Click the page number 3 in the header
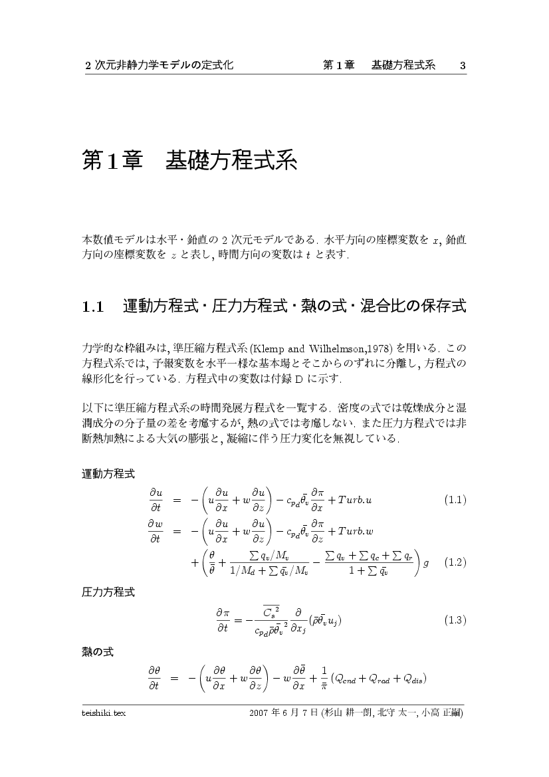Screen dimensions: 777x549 (463, 65)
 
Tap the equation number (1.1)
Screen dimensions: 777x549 (455, 500)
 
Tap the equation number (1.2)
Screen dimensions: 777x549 (455, 562)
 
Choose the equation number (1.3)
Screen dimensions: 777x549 (455, 620)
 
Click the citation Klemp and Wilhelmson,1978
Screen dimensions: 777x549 (323, 348)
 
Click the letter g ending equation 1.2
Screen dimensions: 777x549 (426, 562)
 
